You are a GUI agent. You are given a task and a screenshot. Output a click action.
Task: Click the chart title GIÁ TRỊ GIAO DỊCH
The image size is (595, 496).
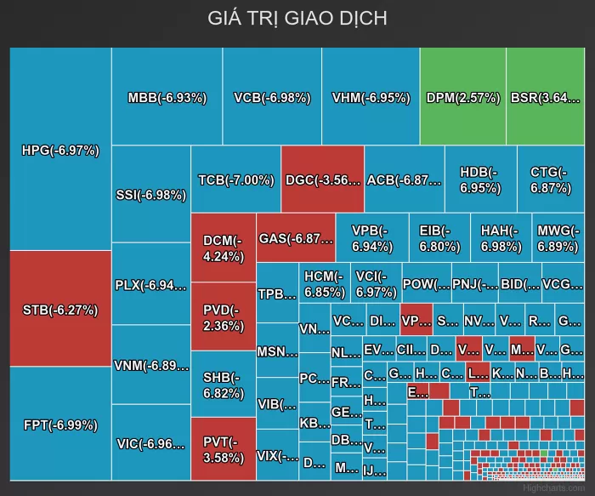tap(297, 18)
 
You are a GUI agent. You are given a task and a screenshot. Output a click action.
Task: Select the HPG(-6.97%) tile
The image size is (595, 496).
tap(60, 151)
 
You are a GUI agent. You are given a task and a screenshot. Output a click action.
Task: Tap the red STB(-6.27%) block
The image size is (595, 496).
tap(60, 310)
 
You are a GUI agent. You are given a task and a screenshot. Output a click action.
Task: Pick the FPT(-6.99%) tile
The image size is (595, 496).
tap(60, 425)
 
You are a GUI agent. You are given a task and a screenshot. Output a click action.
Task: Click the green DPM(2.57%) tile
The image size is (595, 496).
tap(462, 97)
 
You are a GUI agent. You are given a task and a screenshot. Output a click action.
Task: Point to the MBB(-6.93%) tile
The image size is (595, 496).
tap(167, 97)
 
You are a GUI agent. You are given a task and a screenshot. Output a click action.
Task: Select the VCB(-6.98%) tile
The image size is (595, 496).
tap(272, 97)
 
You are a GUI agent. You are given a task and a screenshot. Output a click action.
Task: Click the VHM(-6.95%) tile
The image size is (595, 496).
tap(371, 97)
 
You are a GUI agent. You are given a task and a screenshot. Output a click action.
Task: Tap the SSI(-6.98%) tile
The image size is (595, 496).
tap(150, 195)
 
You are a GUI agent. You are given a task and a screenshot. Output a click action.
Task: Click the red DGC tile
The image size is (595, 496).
tap(323, 180)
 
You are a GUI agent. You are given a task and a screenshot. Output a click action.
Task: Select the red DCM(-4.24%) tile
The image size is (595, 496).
tap(224, 248)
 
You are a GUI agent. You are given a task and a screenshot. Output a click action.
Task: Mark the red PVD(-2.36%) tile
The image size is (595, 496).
tap(224, 317)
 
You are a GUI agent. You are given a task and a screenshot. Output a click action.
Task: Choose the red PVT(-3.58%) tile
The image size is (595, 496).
tap(224, 448)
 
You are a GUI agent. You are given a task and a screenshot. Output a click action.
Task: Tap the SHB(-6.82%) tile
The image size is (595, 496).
tap(224, 385)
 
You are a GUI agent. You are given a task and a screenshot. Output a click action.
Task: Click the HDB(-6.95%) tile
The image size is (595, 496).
tap(480, 180)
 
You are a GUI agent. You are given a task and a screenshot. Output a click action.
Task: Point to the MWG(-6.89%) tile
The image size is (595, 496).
tap(558, 238)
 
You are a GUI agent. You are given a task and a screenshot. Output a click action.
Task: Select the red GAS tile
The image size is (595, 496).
tap(296, 238)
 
